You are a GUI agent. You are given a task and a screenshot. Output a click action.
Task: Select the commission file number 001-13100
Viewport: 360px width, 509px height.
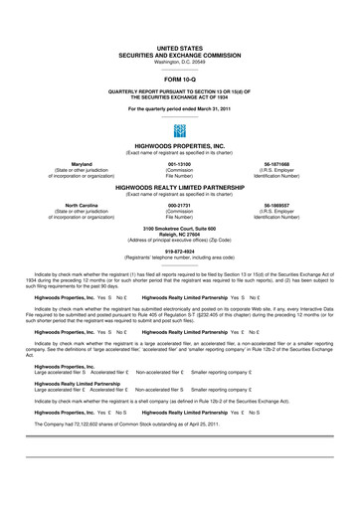pyautogui.click(x=180, y=164)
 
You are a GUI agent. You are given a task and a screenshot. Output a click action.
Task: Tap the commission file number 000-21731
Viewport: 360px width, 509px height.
pyautogui.click(x=180, y=206)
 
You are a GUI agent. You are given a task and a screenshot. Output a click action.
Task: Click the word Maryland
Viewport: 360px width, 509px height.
pyautogui.click(x=62, y=164)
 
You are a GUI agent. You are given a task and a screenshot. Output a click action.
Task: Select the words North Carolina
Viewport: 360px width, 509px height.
pyautogui.click(x=62, y=206)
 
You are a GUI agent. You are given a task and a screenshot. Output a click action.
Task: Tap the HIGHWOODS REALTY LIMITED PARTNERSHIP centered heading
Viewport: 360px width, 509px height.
pyautogui.click(x=180, y=187)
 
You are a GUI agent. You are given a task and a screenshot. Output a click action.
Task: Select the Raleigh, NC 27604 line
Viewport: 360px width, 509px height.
pyautogui.click(x=180, y=236)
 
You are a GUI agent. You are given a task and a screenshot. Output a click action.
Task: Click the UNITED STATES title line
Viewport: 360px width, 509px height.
pyautogui.click(x=180, y=47)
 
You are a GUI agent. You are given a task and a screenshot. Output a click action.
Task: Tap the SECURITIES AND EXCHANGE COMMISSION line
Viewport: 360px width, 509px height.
pyautogui.click(x=180, y=54)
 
